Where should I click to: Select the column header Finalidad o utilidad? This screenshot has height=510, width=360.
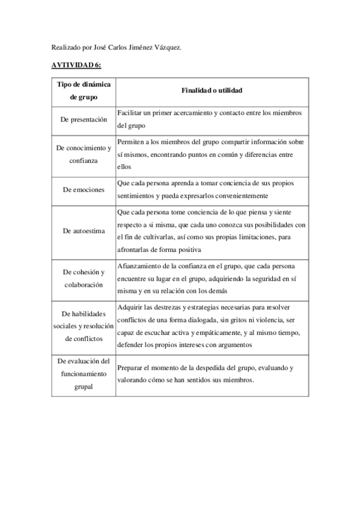pyautogui.click(x=212, y=90)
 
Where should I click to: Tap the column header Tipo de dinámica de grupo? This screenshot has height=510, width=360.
pyautogui.click(x=84, y=90)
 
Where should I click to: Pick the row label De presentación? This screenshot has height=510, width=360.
pyautogui.click(x=84, y=120)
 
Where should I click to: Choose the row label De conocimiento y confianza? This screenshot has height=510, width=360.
pyautogui.click(x=84, y=154)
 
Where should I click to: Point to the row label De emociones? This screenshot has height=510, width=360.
pyautogui.click(x=84, y=189)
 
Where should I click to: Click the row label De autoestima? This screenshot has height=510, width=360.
pyautogui.click(x=84, y=230)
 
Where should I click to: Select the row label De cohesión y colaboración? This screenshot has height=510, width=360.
pyautogui.click(x=84, y=278)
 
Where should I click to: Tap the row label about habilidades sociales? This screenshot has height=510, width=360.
pyautogui.click(x=84, y=325)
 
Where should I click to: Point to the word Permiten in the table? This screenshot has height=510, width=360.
pyautogui.click(x=131, y=142)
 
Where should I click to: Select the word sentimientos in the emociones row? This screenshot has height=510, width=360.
pyautogui.click(x=138, y=196)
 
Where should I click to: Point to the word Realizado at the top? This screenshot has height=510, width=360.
pyautogui.click(x=64, y=47)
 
